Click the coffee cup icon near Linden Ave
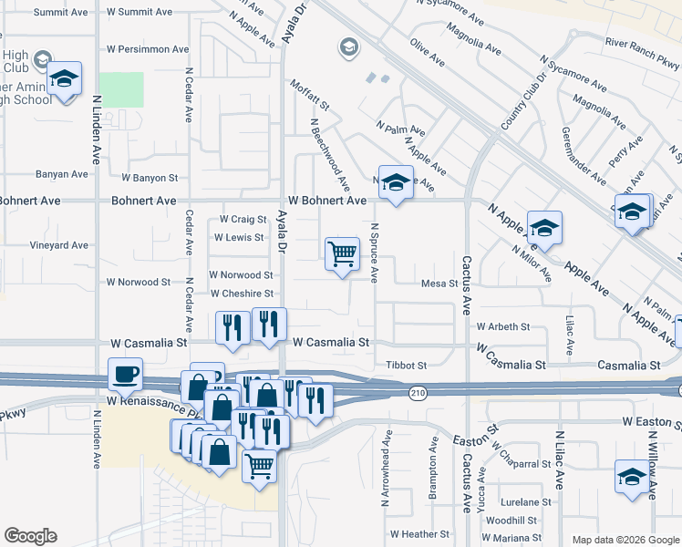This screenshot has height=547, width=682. click(x=125, y=373)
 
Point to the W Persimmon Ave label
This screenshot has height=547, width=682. click(x=148, y=49)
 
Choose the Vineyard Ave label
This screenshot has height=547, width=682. click(x=59, y=245)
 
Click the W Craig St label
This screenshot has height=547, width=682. click(x=243, y=220)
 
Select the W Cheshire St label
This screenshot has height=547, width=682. click(x=242, y=294)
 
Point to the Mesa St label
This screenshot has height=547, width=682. click(x=439, y=284)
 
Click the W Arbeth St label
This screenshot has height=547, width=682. click(x=502, y=326)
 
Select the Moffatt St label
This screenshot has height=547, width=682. click(x=308, y=96)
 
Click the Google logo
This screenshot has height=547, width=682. click(x=30, y=536)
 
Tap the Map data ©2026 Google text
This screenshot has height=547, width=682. click(x=624, y=539)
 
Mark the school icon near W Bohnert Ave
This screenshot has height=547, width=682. click(x=396, y=181)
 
